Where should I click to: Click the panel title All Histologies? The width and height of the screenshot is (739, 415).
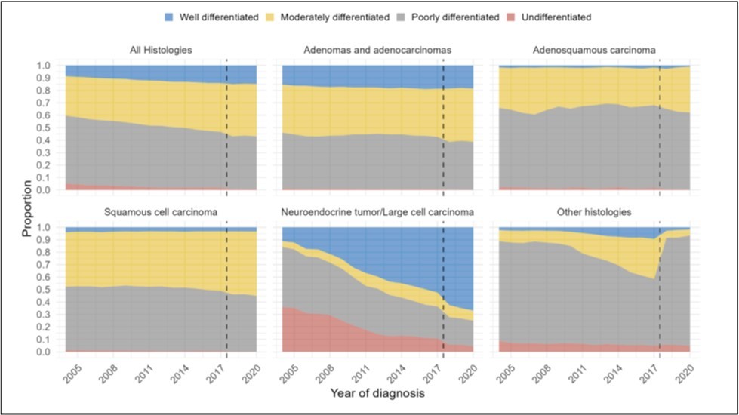click(161, 50)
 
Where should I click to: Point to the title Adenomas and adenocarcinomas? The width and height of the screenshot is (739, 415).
click(377, 50)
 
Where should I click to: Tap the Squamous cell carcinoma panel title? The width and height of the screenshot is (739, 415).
click(161, 212)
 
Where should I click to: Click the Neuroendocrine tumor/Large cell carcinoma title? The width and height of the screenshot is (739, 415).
click(377, 212)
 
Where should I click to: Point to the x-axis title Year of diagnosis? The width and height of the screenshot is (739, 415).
click(377, 393)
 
